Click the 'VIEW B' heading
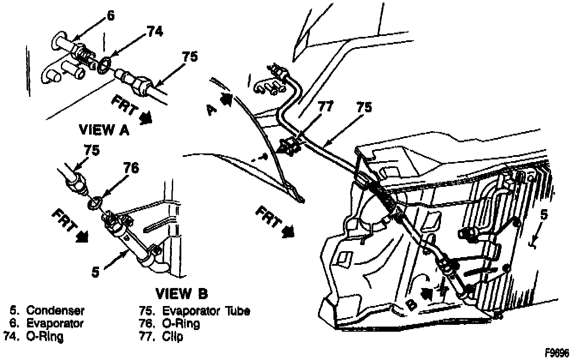(181, 294)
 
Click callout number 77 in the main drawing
(325, 107)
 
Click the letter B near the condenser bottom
(410, 305)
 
